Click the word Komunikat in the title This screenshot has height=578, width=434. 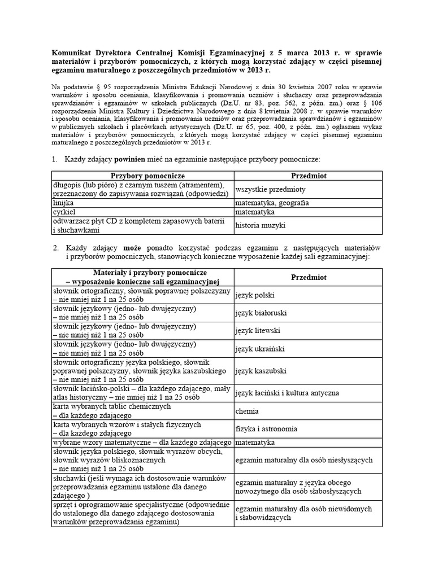(68, 51)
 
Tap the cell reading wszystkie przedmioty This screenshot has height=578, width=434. (270, 189)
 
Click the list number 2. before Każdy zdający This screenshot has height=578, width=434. (55, 248)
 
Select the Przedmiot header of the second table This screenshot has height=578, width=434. (309, 277)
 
